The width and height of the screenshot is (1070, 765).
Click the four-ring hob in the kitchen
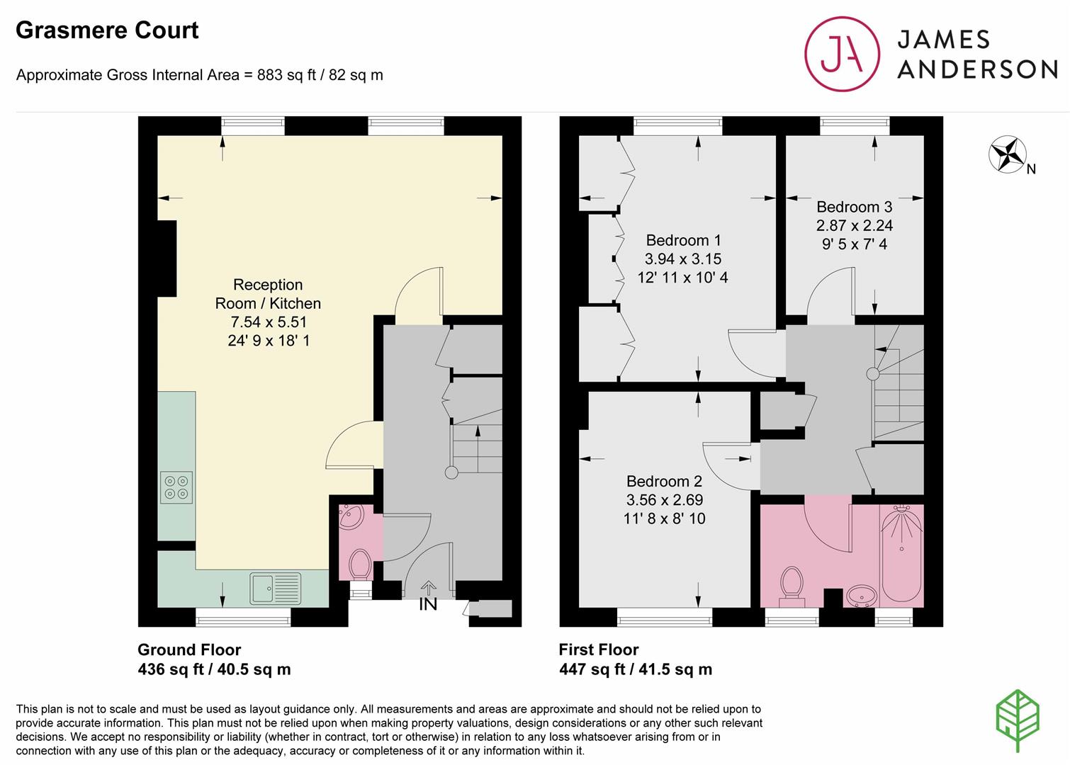(x=176, y=487)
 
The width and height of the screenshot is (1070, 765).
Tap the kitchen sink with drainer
(x=275, y=589)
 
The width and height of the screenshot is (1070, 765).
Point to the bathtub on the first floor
(x=901, y=552)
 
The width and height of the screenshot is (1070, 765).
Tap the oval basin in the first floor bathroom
(x=862, y=596)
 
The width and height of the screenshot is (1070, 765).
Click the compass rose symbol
(x=1008, y=154)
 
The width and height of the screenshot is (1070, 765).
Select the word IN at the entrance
(x=428, y=604)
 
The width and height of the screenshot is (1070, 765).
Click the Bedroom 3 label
(x=854, y=207)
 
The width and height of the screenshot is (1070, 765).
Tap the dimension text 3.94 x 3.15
(x=682, y=259)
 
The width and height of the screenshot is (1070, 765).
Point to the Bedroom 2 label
(x=665, y=481)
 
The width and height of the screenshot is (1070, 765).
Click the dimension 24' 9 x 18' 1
(x=269, y=341)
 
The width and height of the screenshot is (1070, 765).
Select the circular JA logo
(x=842, y=54)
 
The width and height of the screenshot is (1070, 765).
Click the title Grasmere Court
(x=107, y=30)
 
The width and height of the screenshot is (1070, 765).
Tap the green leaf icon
(x=1018, y=720)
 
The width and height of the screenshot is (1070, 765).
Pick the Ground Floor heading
(x=189, y=650)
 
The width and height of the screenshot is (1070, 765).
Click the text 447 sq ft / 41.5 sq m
(x=636, y=669)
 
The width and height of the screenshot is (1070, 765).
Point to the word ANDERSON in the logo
(x=977, y=69)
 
